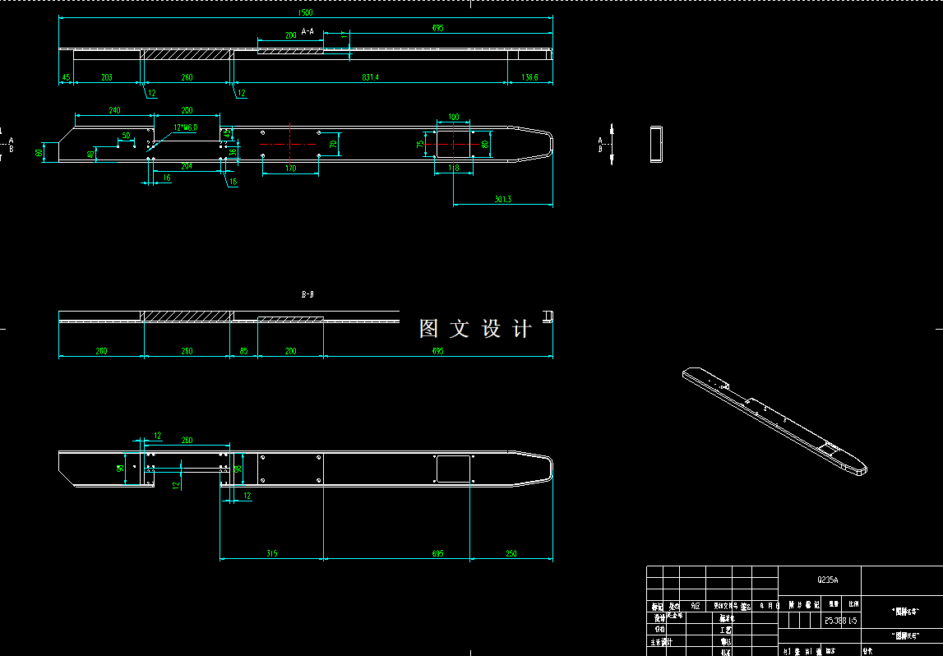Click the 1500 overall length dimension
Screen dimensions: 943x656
(307, 13)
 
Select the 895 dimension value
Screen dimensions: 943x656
(437, 28)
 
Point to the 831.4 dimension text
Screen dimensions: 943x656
(370, 77)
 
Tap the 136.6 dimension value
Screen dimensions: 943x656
(529, 77)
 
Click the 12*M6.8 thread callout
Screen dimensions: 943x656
(185, 127)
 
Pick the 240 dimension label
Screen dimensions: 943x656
(114, 110)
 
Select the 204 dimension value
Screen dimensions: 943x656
(187, 166)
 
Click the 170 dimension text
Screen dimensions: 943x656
(290, 169)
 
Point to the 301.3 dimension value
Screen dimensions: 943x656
(502, 199)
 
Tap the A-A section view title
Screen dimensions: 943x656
(307, 31)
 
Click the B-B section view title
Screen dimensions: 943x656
(307, 293)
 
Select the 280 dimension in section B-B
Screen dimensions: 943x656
(101, 351)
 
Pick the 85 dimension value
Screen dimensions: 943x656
(244, 351)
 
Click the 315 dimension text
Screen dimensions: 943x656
(272, 553)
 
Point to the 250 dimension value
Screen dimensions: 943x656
(511, 553)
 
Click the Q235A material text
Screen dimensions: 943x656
(827, 580)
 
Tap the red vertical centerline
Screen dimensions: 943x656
(290, 144)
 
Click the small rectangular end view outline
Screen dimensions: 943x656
(656, 145)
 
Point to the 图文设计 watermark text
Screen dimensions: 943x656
(475, 330)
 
